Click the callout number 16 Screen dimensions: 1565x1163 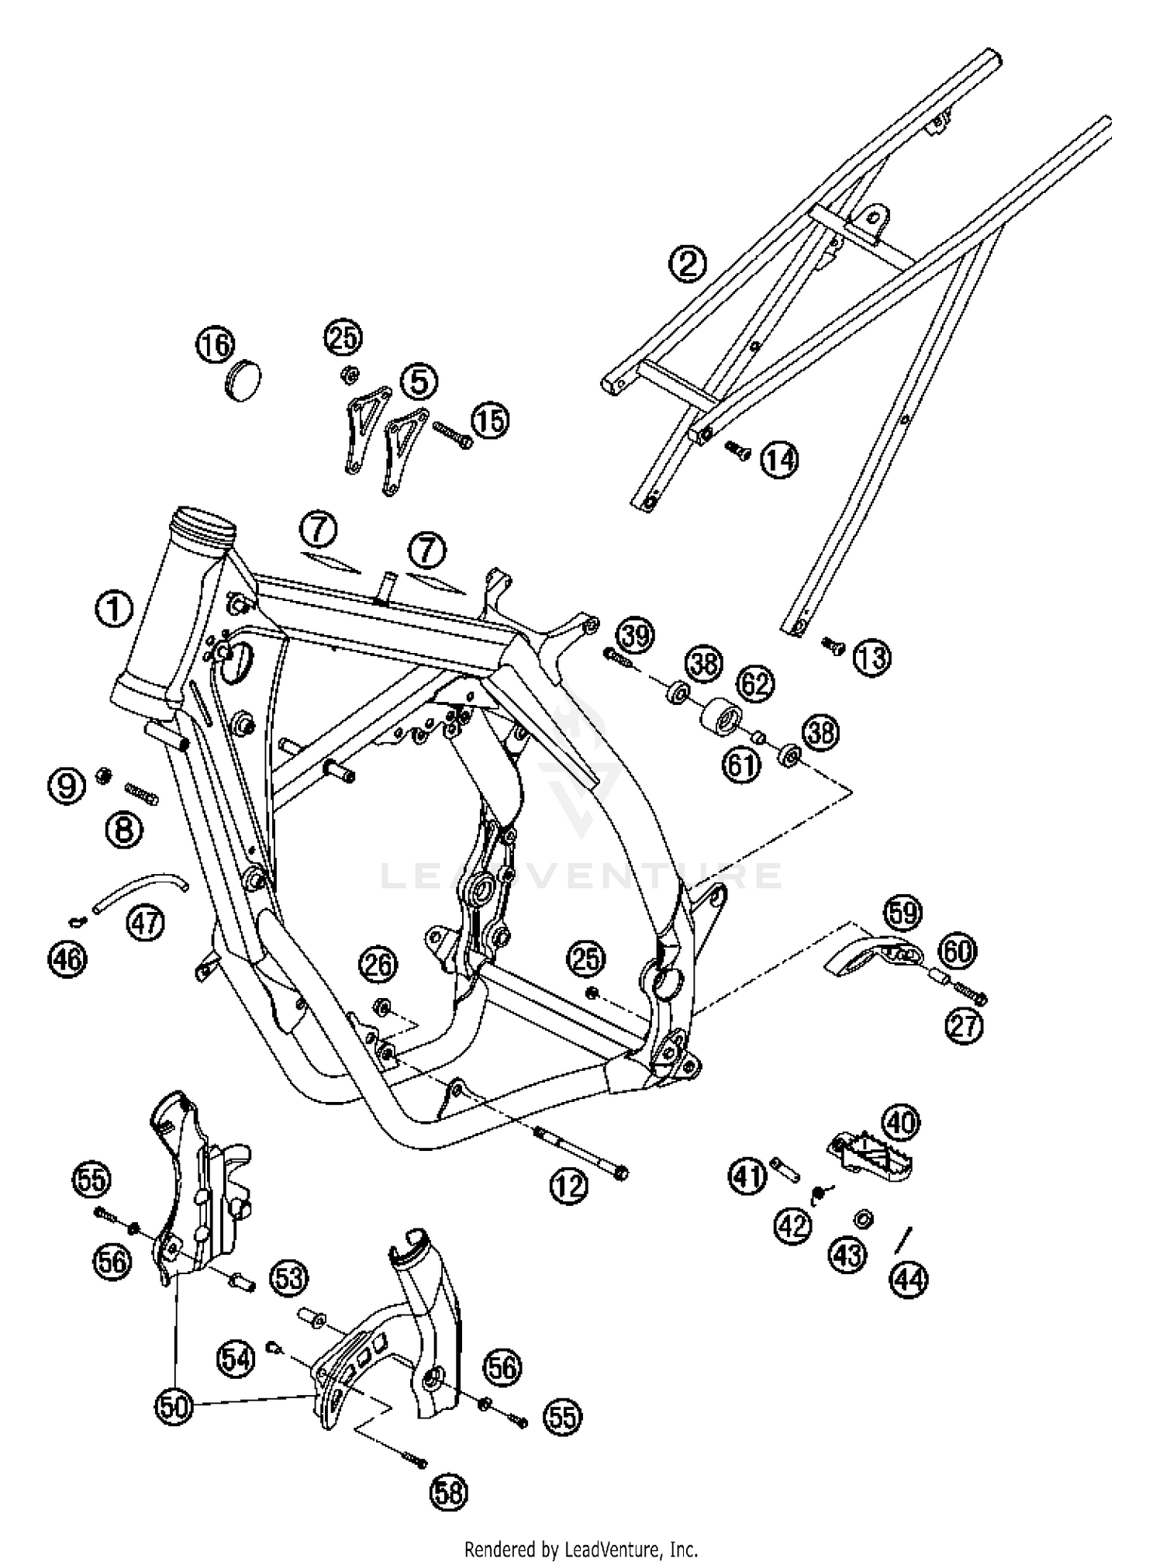click(x=214, y=344)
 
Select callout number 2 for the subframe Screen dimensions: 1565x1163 click(x=688, y=264)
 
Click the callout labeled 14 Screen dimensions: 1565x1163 click(x=778, y=460)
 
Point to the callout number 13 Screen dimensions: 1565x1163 click(x=871, y=658)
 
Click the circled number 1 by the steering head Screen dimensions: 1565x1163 click(x=114, y=609)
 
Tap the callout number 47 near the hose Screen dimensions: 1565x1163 click(x=146, y=922)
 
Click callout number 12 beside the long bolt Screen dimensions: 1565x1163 click(x=570, y=1186)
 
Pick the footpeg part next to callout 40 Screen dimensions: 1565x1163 click(x=872, y=1156)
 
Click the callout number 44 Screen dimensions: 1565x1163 click(x=909, y=1279)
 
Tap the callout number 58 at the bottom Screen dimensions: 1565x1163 click(x=450, y=1491)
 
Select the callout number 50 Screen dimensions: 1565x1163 click(x=175, y=1406)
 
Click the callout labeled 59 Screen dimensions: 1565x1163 click(x=902, y=912)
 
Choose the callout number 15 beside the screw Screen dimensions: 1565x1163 click(x=490, y=420)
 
